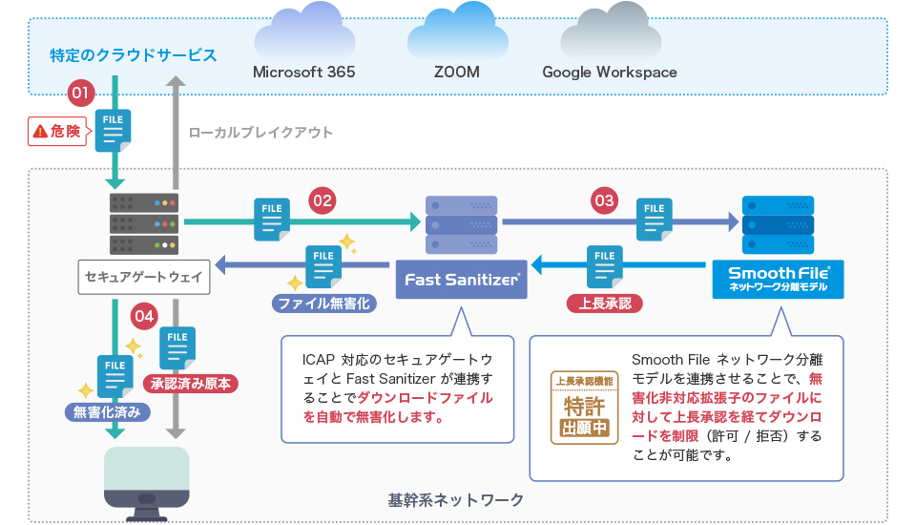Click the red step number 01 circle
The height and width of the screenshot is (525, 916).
click(x=81, y=93)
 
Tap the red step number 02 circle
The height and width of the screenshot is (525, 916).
click(x=323, y=200)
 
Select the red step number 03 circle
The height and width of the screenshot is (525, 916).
click(x=604, y=200)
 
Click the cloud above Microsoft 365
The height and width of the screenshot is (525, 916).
click(x=302, y=32)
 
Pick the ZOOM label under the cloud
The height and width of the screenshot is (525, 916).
click(x=457, y=73)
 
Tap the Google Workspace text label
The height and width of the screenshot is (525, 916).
click(x=609, y=73)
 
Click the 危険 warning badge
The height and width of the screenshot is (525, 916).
click(x=56, y=132)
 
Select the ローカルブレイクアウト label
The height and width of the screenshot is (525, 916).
click(x=260, y=133)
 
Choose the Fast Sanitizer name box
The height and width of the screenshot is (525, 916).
click(x=462, y=280)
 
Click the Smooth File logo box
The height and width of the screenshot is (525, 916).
click(x=778, y=279)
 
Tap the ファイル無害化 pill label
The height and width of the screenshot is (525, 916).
click(x=323, y=304)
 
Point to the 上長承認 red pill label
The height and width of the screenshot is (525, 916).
click(x=604, y=304)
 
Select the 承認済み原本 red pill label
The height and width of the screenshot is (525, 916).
click(x=191, y=384)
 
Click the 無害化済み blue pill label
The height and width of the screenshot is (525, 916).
click(x=107, y=412)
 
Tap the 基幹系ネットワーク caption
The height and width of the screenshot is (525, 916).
click(x=456, y=499)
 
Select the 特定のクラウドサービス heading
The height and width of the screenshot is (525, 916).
click(x=134, y=54)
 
